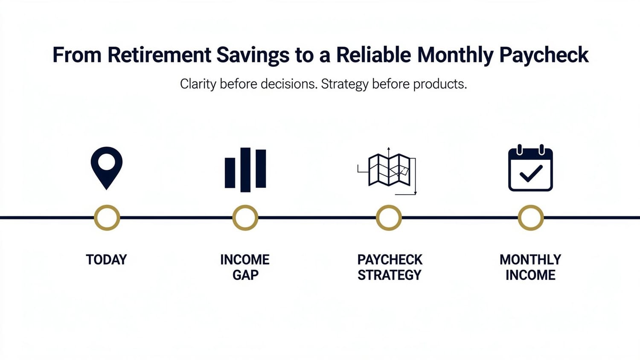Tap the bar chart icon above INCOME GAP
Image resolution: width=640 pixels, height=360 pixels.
(x=245, y=170)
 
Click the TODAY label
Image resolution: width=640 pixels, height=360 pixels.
(x=106, y=260)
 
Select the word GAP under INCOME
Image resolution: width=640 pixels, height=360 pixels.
(x=245, y=275)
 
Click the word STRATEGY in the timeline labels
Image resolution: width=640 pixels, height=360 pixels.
(x=390, y=275)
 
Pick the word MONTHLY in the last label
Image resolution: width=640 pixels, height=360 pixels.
(x=531, y=260)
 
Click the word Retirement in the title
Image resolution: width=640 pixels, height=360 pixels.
(x=160, y=55)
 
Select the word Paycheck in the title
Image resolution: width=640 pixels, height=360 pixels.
(x=544, y=55)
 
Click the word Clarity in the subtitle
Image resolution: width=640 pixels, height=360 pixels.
(x=198, y=84)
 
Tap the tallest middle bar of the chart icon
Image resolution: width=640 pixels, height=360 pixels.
(x=245, y=170)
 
